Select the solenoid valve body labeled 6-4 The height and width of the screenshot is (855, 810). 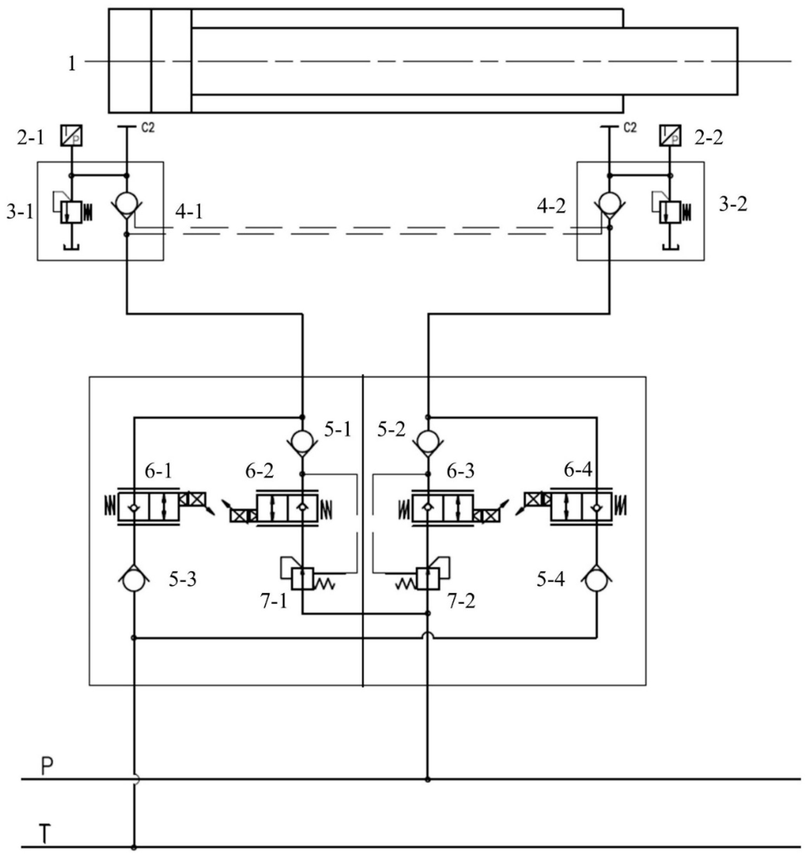pyautogui.click(x=581, y=508)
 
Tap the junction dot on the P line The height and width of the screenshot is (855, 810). pyautogui.click(x=427, y=779)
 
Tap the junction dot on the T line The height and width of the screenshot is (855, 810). pyautogui.click(x=134, y=847)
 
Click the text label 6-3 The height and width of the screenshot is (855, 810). pyautogui.click(x=460, y=471)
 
